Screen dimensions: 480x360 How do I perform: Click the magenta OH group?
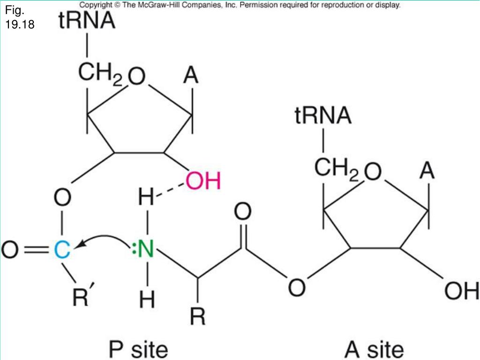202,181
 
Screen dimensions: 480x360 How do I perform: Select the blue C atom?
61,250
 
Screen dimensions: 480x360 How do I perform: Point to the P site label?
137,349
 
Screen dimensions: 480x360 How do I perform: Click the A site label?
374,349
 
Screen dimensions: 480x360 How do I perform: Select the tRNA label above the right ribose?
323,116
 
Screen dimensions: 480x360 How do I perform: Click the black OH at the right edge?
461,292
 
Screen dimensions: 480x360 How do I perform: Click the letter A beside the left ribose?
191,76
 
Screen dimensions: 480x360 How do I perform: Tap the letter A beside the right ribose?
427,171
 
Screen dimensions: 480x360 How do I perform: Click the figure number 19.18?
20,24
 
